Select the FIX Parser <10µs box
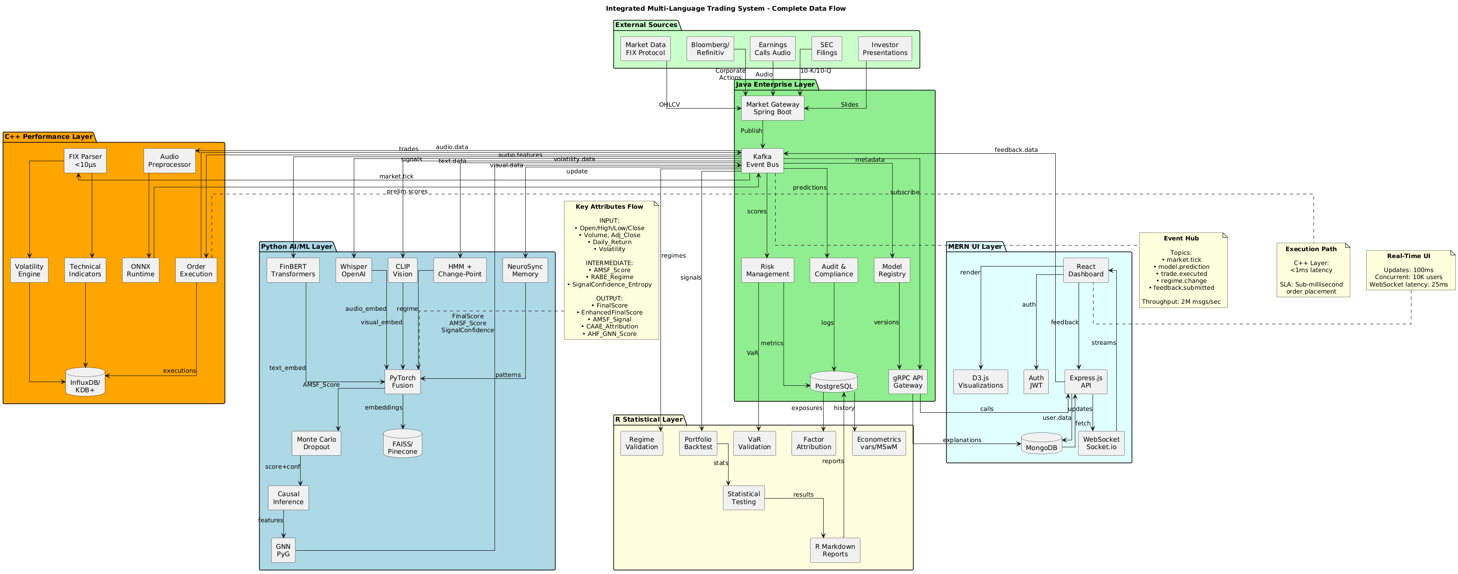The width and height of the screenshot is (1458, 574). (85, 161)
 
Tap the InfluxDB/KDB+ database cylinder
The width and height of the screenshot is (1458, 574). (85, 383)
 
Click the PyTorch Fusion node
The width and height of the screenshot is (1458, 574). (402, 382)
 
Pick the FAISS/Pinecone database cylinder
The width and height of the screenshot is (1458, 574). (402, 444)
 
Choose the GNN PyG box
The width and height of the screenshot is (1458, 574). (283, 550)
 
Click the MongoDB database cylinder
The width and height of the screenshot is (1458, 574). (1041, 444)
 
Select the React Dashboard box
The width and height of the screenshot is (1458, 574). (1085, 270)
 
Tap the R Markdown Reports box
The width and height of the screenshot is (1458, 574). (834, 550)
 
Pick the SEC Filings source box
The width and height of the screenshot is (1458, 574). (826, 48)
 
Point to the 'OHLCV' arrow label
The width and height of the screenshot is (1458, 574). (669, 105)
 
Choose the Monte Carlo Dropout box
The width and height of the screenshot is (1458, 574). (316, 443)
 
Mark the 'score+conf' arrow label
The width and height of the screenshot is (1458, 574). (282, 466)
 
